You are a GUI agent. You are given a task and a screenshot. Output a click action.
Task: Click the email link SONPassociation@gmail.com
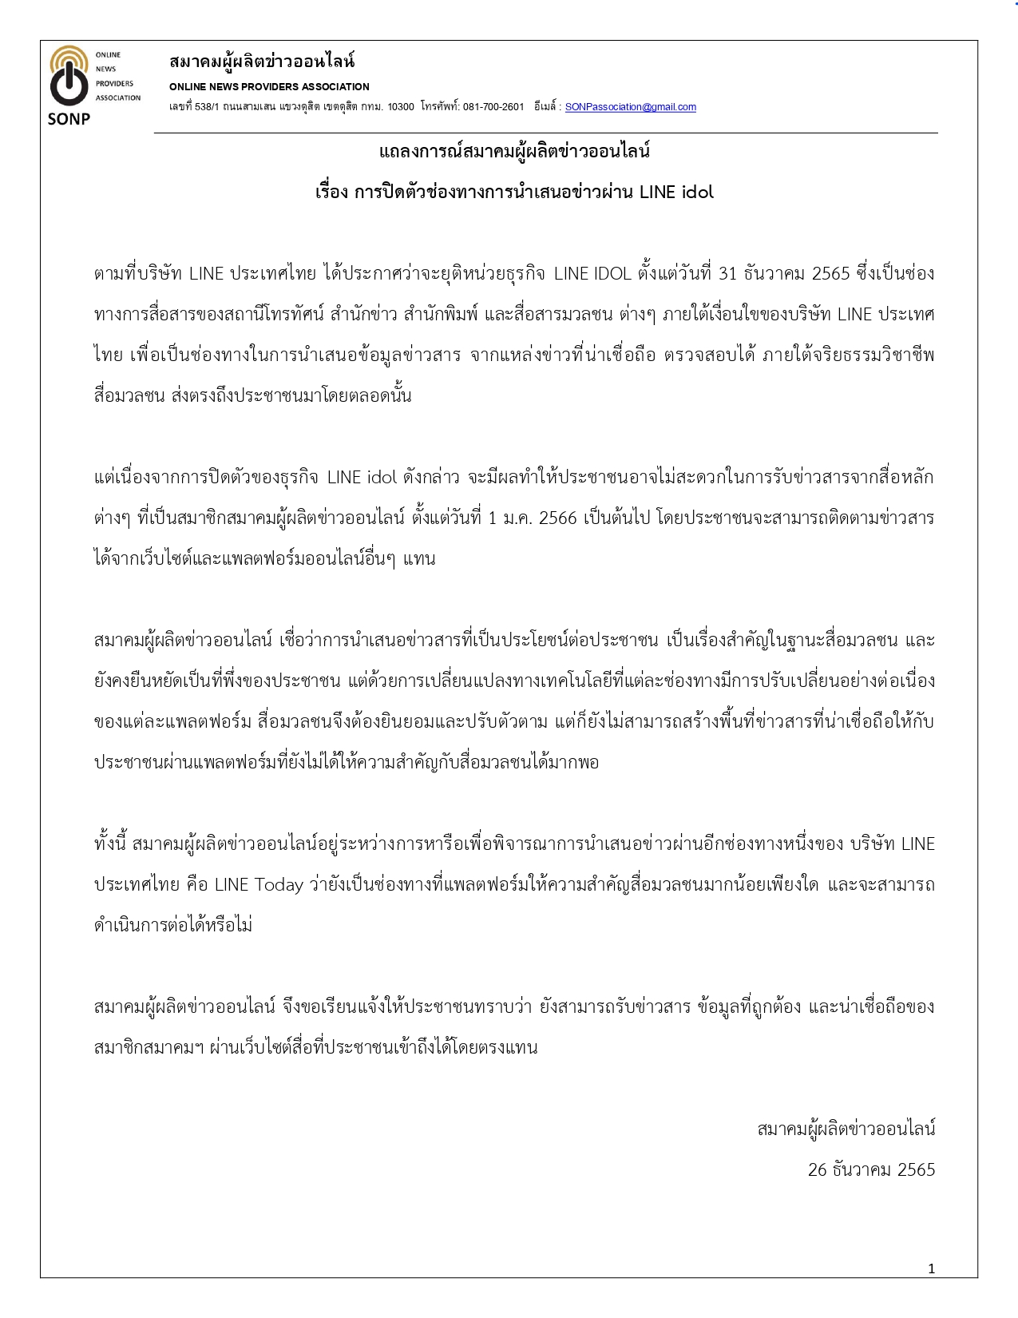[x=630, y=107]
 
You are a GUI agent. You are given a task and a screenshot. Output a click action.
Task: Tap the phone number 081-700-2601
[x=493, y=107]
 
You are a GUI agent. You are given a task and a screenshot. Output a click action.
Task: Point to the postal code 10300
[x=401, y=107]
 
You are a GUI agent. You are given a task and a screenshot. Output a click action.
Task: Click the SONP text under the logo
[x=69, y=119]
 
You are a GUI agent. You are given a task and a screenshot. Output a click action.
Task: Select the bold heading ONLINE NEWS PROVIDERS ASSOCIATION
[x=269, y=87]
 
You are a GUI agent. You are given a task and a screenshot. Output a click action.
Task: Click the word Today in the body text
[x=279, y=885]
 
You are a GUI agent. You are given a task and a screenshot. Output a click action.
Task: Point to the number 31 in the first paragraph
[x=727, y=274]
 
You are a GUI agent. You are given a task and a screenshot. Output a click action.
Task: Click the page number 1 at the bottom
[x=931, y=1268]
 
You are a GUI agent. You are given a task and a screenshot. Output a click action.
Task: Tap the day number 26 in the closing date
[x=818, y=1170]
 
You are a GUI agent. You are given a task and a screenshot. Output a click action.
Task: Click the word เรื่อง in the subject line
[x=331, y=193]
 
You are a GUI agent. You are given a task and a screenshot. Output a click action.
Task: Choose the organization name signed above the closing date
[x=846, y=1129]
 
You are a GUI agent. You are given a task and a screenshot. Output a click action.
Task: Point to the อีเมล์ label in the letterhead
[x=547, y=107]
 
